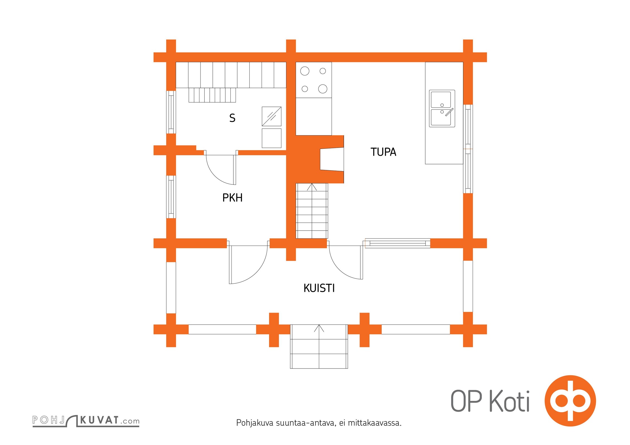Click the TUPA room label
[383, 152]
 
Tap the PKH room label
[232, 198]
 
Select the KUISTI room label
[319, 288]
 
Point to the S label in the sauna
[232, 118]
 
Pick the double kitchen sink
[442, 108]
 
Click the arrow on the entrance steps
[319, 328]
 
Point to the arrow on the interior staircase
[312, 187]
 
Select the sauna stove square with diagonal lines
[272, 116]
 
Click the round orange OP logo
[570, 401]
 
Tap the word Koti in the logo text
[509, 401]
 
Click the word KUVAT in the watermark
[99, 420]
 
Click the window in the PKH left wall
[171, 197]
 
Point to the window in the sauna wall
[171, 112]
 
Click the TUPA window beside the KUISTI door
[397, 243]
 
